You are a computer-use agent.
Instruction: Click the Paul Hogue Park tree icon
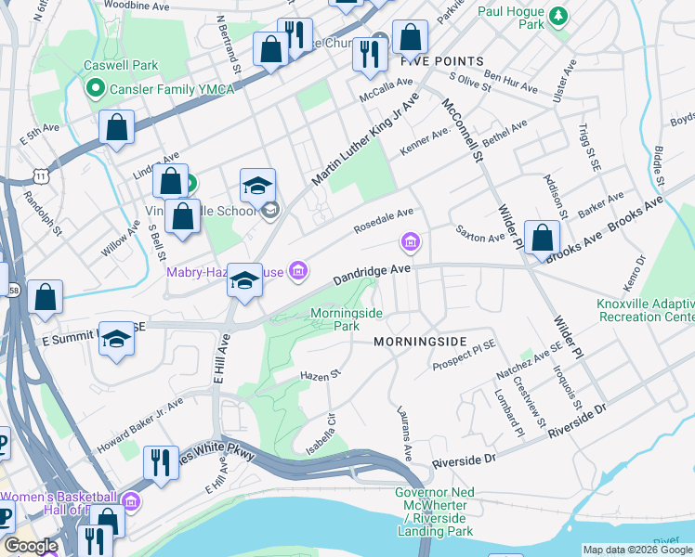pos(557,15)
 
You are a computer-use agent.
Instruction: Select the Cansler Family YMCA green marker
pos(94,88)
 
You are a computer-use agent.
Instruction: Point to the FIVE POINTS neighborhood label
pos(442,61)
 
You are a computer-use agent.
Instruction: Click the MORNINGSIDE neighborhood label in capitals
pos(417,342)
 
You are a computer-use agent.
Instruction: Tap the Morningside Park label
pos(345,319)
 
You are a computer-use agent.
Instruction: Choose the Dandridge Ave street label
pos(372,274)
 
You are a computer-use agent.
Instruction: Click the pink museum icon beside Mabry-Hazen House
pos(298,271)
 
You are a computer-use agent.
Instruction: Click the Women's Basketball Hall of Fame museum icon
pos(131,502)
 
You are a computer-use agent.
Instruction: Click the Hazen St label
pos(321,375)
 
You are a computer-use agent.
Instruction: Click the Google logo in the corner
pos(31,546)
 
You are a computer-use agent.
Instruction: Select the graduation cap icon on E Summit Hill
pos(116,340)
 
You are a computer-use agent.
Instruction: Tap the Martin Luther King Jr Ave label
pos(365,138)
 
